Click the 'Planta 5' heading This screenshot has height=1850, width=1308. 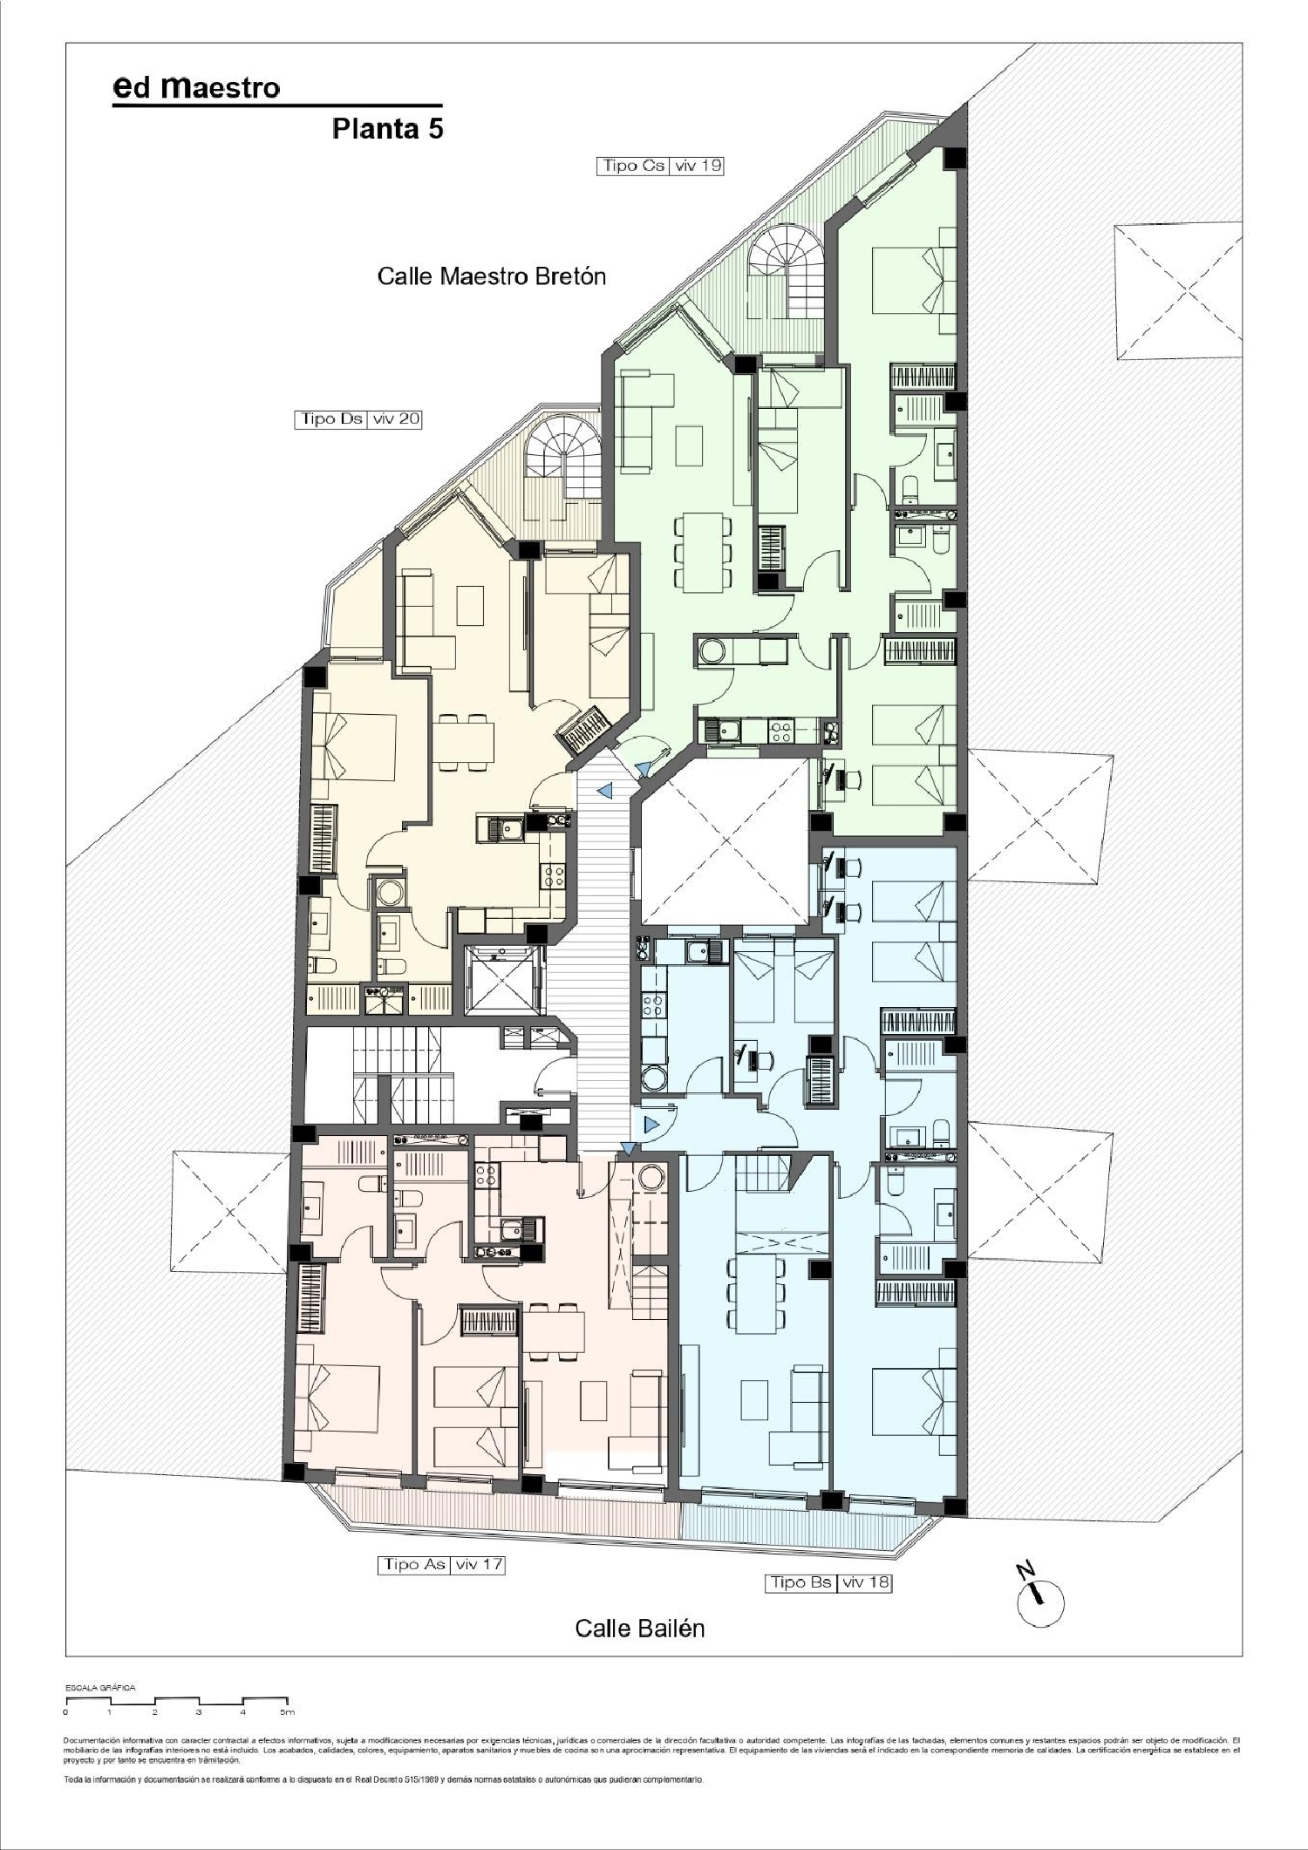[x=387, y=129]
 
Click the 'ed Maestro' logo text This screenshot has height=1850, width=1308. [x=197, y=87]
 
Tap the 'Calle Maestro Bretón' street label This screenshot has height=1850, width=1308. [x=491, y=276]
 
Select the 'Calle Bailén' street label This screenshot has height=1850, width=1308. [x=639, y=1628]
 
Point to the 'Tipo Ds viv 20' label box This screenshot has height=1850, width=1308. [x=358, y=419]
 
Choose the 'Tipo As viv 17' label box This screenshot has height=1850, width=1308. [x=441, y=1564]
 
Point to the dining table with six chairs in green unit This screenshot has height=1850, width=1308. [x=702, y=552]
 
